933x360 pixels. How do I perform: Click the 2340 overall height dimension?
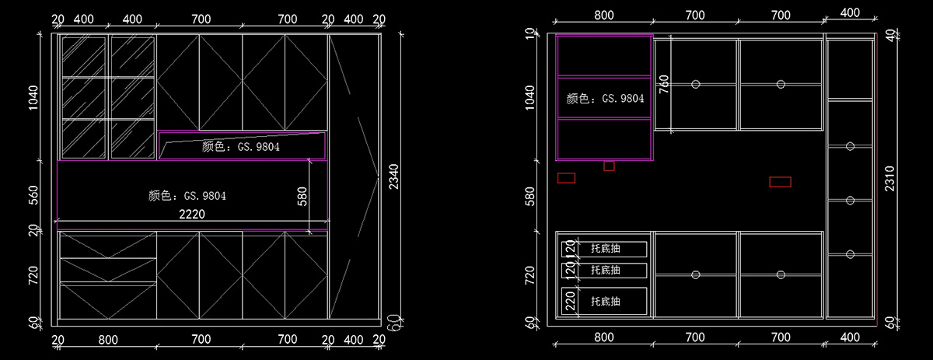393,177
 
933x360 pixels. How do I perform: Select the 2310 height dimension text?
889,179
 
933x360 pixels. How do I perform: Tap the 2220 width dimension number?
192,214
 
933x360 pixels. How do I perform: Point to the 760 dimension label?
664,84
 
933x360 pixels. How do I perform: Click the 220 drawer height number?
570,301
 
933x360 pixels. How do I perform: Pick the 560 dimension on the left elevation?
33,195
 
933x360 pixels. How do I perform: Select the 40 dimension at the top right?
890,36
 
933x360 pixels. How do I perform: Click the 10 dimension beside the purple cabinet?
529,33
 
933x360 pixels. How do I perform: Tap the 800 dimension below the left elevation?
108,340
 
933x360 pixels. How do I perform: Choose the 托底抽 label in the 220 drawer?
605,301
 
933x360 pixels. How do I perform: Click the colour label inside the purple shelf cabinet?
605,99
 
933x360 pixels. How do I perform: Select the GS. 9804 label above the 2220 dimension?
205,196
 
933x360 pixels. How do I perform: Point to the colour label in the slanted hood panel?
241,147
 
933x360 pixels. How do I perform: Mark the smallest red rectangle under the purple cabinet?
609,166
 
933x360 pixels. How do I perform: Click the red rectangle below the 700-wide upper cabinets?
780,182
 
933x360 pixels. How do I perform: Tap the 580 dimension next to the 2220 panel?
302,197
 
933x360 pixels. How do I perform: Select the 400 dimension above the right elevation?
850,13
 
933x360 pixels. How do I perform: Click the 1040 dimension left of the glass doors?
33,98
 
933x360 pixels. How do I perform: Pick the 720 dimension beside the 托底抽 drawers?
529,275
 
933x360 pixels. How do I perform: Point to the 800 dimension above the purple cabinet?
604,16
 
